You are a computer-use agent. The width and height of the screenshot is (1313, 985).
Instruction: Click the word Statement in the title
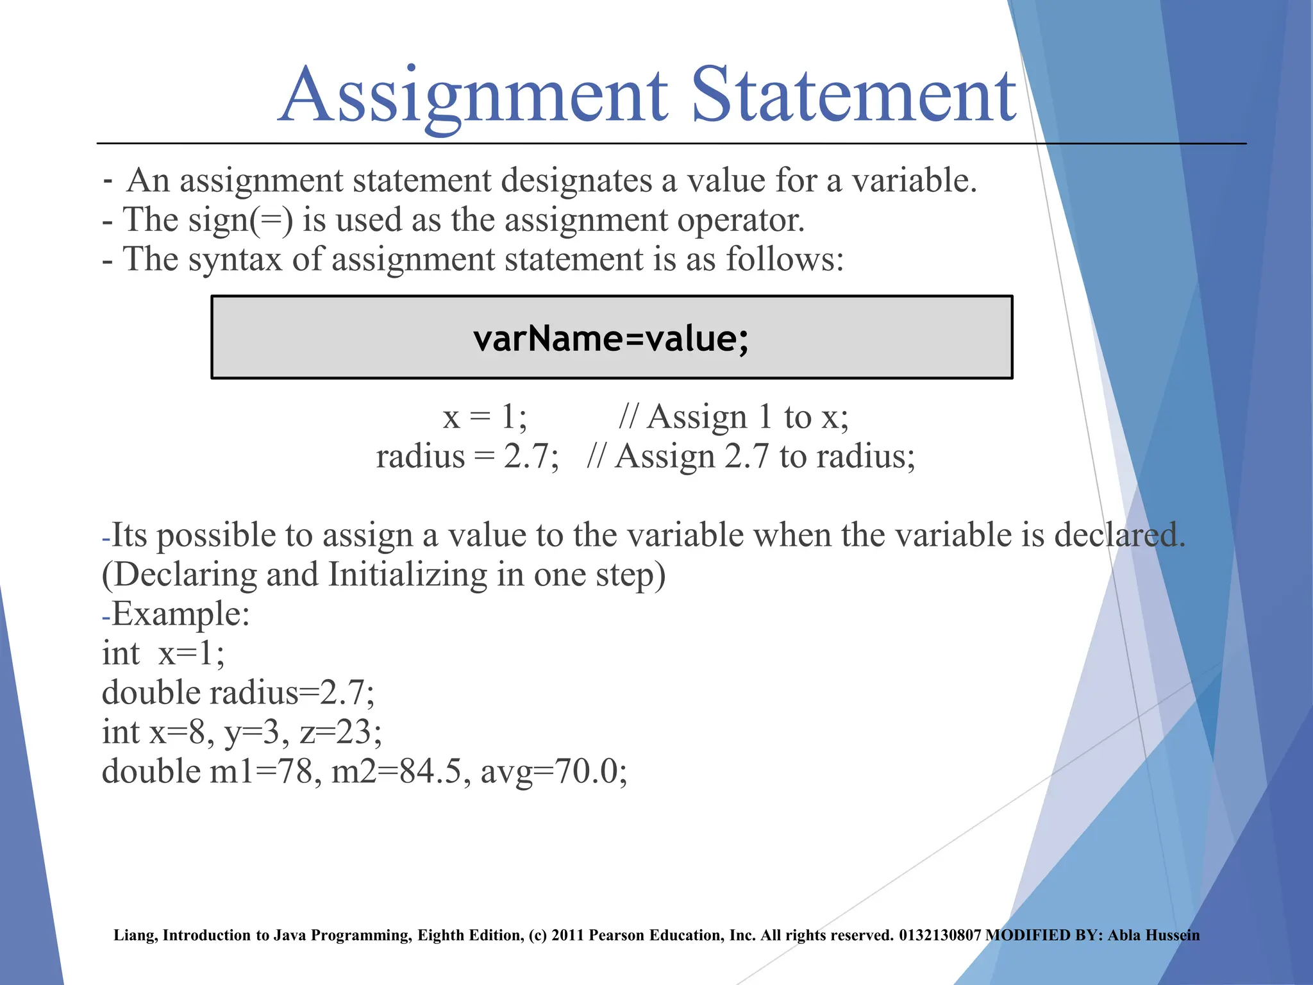[x=853, y=96]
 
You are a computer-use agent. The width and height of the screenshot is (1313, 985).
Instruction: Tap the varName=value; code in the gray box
[x=611, y=338]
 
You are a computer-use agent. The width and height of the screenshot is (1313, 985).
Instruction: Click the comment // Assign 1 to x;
[x=733, y=417]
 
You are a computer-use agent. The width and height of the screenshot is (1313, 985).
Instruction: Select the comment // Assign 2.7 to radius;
[x=751, y=457]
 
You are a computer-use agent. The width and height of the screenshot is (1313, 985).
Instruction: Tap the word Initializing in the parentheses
[x=408, y=575]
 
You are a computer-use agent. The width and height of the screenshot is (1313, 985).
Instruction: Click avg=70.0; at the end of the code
[x=554, y=771]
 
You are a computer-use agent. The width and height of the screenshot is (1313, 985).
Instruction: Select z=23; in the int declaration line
[x=340, y=732]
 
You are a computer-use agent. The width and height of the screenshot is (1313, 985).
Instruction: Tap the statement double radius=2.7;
[x=238, y=693]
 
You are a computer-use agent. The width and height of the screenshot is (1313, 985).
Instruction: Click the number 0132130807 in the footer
[x=939, y=935]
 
